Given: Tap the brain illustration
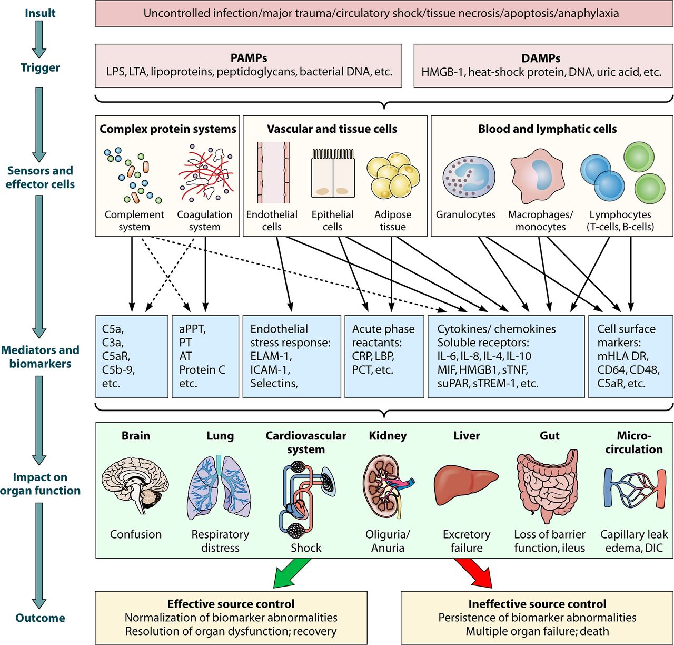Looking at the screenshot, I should pyautogui.click(x=135, y=485).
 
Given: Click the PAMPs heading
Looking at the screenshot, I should pyautogui.click(x=249, y=58).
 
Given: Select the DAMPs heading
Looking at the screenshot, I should pyautogui.click(x=541, y=58).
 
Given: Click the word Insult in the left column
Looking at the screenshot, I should pyautogui.click(x=40, y=13).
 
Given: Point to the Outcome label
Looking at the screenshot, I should pyautogui.click(x=40, y=618).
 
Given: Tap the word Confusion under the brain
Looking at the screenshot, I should pyautogui.click(x=135, y=534).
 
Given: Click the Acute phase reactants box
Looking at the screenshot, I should pyautogui.click(x=384, y=356).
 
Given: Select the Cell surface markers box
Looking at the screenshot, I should pyautogui.click(x=630, y=356).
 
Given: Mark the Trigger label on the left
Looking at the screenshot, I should pyautogui.click(x=40, y=67).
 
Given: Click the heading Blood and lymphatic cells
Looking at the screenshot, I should pyautogui.click(x=547, y=129).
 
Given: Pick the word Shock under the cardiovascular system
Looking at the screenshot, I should pyautogui.click(x=306, y=548).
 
